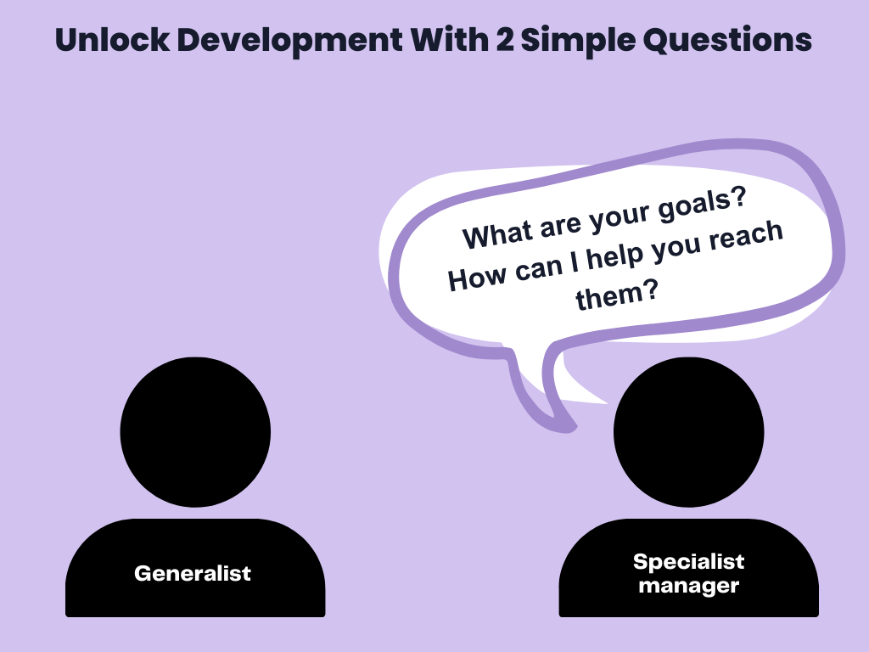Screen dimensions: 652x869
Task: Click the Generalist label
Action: point(193,573)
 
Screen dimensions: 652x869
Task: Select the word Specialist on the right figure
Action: point(688,561)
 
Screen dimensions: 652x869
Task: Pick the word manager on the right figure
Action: point(688,585)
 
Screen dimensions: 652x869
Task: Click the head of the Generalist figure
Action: point(195,430)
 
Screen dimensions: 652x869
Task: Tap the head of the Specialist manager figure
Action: point(688,432)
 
